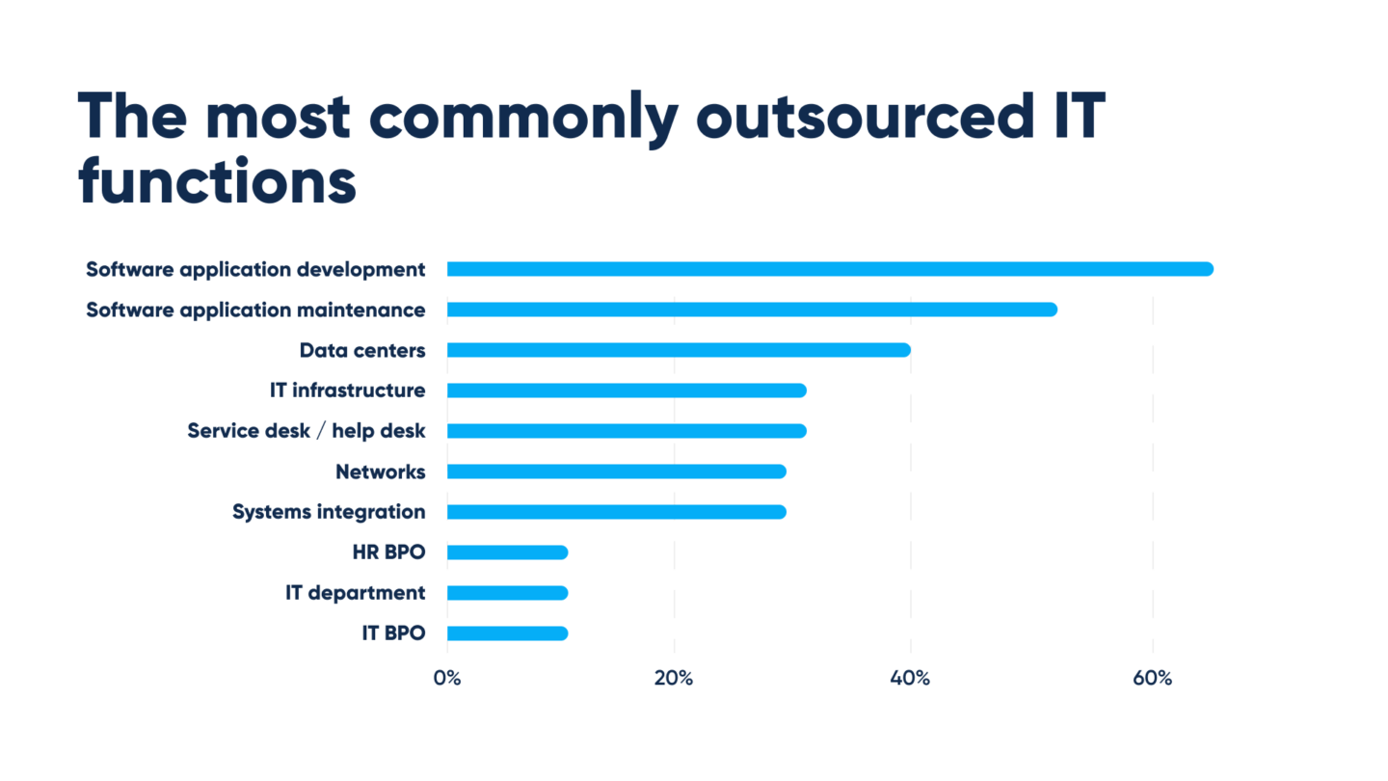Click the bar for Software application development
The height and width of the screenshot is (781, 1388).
829,269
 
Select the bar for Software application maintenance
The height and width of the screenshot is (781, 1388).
752,310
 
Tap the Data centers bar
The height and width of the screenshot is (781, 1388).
678,350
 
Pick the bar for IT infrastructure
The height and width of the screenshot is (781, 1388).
627,390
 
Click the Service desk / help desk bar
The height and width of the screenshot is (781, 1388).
627,431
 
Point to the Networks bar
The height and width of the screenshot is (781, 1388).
616,471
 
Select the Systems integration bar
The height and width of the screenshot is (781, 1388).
616,512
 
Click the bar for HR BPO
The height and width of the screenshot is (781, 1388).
507,552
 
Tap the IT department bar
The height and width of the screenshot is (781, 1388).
507,593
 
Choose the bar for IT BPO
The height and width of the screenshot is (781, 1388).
507,633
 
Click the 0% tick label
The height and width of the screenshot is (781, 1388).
447,678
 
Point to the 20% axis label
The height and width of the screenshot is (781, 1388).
674,678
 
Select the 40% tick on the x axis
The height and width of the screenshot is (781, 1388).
910,678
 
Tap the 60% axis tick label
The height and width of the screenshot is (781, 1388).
1152,678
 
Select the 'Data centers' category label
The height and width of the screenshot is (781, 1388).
361,350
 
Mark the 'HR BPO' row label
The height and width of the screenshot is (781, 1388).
388,552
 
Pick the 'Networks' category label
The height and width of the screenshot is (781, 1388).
380,471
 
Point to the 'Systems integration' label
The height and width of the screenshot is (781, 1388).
329,512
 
